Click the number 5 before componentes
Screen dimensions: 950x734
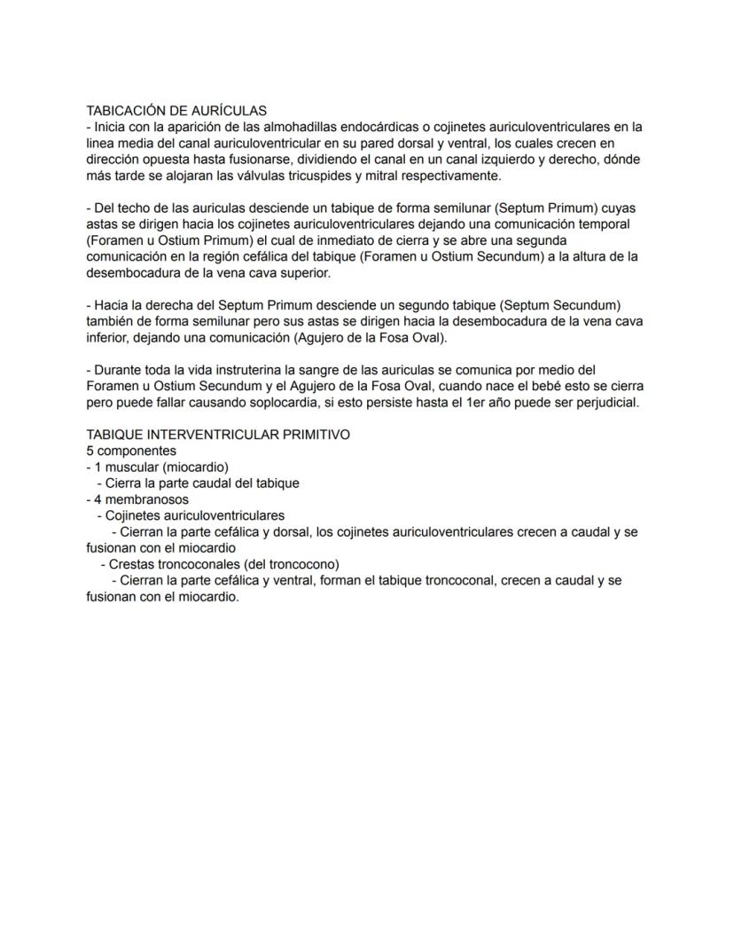tap(90, 451)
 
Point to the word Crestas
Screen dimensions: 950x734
tap(130, 564)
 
